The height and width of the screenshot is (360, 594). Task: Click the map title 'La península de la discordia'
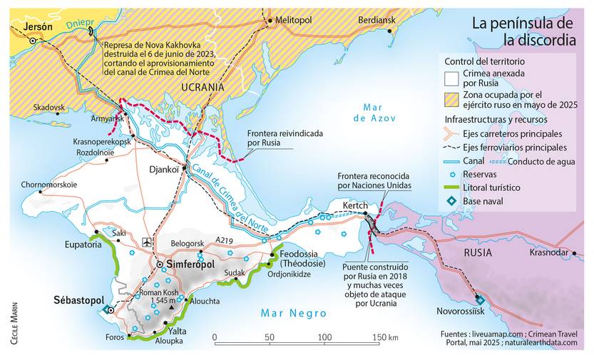coord(523,33)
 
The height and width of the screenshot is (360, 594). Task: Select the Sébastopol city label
coord(79,299)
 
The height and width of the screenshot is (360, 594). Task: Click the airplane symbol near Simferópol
coord(147,241)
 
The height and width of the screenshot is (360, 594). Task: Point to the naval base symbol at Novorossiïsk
coord(479,300)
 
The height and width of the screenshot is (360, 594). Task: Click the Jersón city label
coord(39,26)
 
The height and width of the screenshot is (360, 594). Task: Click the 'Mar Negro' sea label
coord(293,313)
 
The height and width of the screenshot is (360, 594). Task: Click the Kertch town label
coord(354,206)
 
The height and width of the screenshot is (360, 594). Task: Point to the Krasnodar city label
coord(549,252)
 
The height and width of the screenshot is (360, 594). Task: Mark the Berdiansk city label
coord(377,21)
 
